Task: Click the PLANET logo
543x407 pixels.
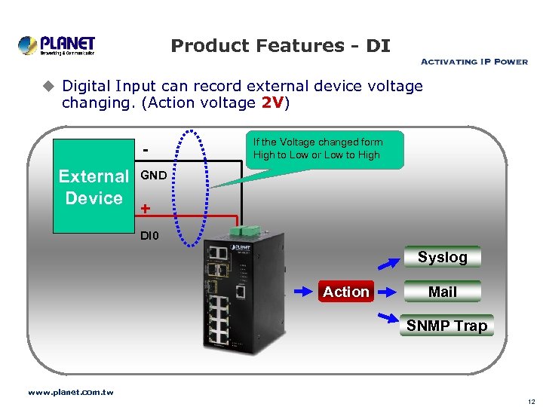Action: click(x=57, y=45)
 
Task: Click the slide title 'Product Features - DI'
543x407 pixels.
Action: click(x=281, y=46)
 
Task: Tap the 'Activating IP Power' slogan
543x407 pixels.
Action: click(x=473, y=62)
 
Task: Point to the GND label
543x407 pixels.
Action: click(x=154, y=176)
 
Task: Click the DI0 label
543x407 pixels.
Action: click(x=150, y=236)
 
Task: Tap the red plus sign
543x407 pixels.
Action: click(x=145, y=209)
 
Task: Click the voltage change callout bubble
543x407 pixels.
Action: click(x=327, y=149)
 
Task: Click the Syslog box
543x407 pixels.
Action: click(x=442, y=257)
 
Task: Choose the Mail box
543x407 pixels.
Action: click(x=442, y=292)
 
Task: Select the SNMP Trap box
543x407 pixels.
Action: click(x=446, y=326)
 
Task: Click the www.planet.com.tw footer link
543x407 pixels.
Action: click(x=70, y=393)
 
